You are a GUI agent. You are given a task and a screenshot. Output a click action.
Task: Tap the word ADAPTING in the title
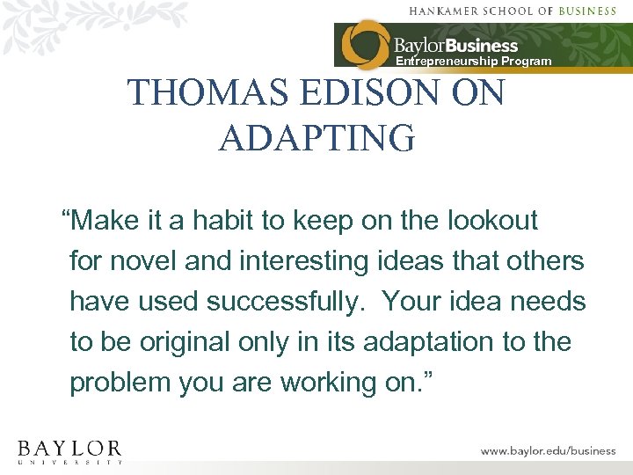pos(316,138)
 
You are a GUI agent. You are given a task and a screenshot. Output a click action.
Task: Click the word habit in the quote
pos(216,220)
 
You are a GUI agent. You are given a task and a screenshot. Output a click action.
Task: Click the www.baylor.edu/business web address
pos(548,450)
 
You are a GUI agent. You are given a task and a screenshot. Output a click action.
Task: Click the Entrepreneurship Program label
pos(473,62)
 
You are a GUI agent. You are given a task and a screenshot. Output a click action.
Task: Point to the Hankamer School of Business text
pos(524,11)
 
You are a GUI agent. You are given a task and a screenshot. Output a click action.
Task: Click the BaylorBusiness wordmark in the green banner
pos(455,46)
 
